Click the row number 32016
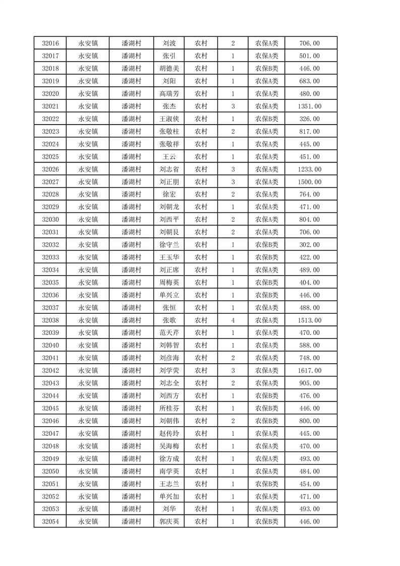tap(50, 43)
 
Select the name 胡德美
tap(169, 69)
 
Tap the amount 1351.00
tap(309, 106)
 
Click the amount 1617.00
tap(309, 371)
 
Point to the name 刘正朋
tap(169, 182)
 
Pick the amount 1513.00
tap(309, 320)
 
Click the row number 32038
tap(50, 320)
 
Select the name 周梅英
tap(169, 282)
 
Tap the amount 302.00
tap(309, 245)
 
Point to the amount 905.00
tap(309, 383)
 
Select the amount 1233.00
tap(309, 169)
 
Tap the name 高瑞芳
tap(169, 94)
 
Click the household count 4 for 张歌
tap(233, 320)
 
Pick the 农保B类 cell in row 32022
tap(266, 119)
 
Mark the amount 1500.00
tap(309, 182)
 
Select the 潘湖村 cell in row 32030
tap(131, 219)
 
